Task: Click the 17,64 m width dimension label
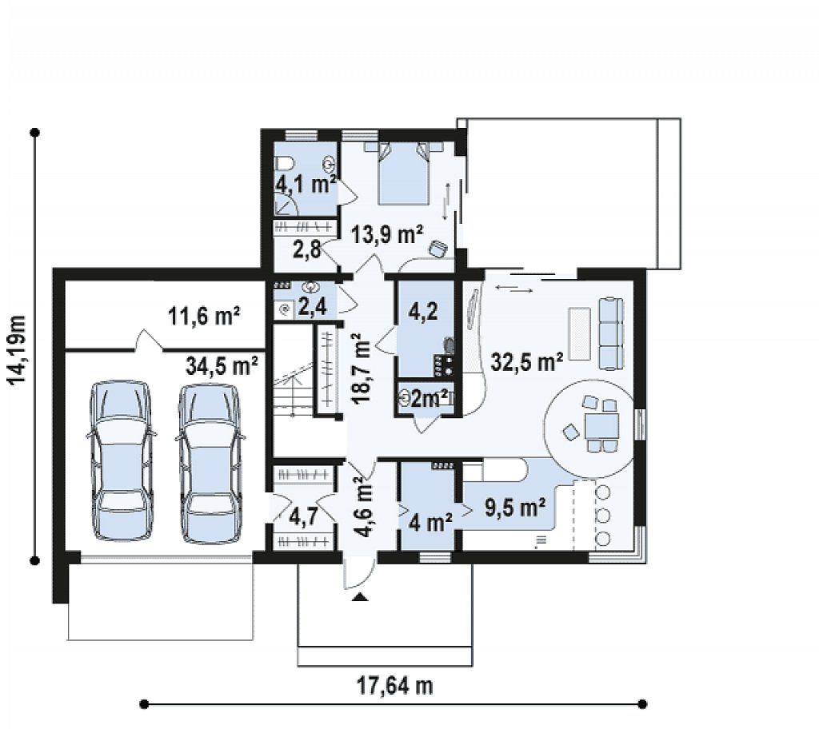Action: coord(395,686)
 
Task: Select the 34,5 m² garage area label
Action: coord(222,365)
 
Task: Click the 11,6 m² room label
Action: coord(204,316)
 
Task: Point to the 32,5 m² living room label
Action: coord(527,361)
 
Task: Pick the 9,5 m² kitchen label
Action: coord(516,507)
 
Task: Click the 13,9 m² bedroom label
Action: coord(386,234)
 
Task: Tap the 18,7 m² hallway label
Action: coord(362,371)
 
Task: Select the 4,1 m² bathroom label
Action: coord(306,184)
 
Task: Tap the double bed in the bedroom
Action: coord(403,173)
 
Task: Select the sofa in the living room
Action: coord(610,334)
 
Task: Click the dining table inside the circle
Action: coord(601,425)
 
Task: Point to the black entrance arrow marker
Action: coord(359,597)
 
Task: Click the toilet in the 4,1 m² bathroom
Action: coord(284,165)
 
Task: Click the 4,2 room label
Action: coord(423,312)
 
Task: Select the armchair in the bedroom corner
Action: coord(437,249)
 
